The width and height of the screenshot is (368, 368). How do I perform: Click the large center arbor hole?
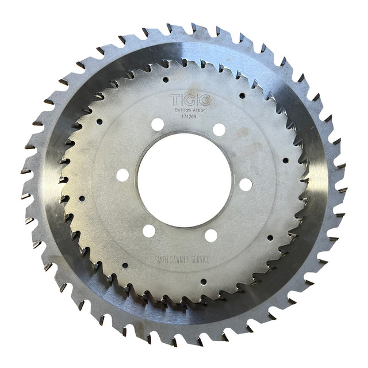[184, 172]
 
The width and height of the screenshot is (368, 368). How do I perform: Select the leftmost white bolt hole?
[122, 174]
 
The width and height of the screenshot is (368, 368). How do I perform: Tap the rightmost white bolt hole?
[246, 185]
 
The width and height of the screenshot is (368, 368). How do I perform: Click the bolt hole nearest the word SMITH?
[149, 231]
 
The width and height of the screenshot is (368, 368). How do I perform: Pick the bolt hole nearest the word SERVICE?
[211, 235]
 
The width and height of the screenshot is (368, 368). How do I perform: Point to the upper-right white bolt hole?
[219, 129]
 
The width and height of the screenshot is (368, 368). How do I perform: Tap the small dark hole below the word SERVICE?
[203, 281]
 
